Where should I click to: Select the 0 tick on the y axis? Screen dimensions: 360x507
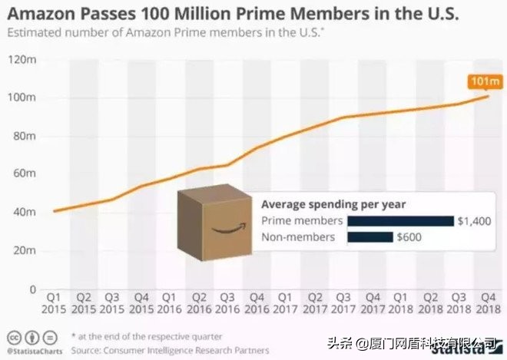click(x=33, y=289)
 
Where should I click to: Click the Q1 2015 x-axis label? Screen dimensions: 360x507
click(x=54, y=302)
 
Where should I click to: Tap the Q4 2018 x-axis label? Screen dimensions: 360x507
click(x=485, y=302)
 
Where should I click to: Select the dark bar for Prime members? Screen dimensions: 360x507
click(x=399, y=221)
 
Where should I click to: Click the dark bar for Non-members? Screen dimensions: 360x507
click(x=369, y=237)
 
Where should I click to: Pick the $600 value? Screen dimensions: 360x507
click(x=409, y=237)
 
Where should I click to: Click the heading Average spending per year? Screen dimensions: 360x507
click(x=333, y=204)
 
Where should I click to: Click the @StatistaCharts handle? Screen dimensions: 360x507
click(x=35, y=351)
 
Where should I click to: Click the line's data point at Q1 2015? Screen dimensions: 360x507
click(x=54, y=211)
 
